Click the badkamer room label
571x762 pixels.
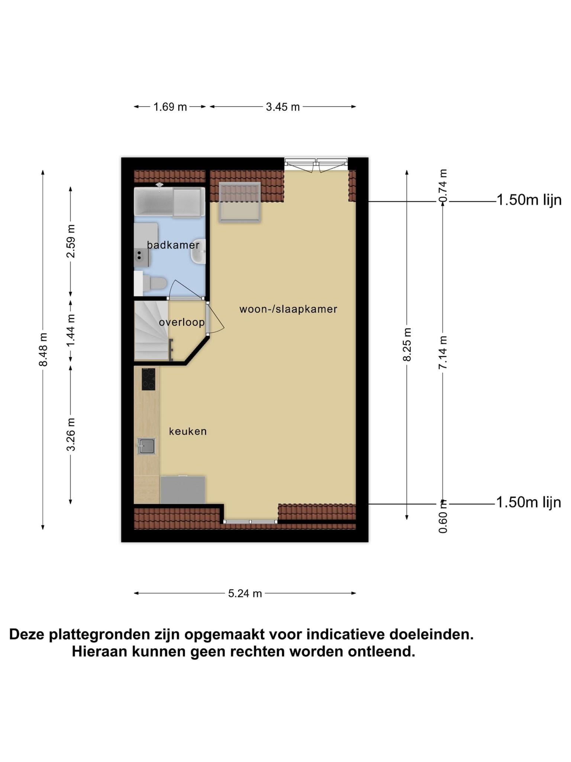pyautogui.click(x=173, y=245)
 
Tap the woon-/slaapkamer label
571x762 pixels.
pyautogui.click(x=288, y=309)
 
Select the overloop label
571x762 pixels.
pyautogui.click(x=182, y=322)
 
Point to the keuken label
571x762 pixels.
pyautogui.click(x=188, y=431)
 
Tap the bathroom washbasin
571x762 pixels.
pyautogui.click(x=198, y=251)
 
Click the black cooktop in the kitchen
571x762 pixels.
pyautogui.click(x=148, y=379)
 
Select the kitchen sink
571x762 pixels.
pyautogui.click(x=146, y=446)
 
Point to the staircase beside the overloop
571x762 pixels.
pyautogui.click(x=151, y=330)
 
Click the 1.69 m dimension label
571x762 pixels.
pyautogui.click(x=170, y=107)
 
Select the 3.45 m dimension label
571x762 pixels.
pyautogui.click(x=283, y=107)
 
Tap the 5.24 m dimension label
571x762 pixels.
pyautogui.click(x=245, y=593)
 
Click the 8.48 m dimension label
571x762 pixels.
pyautogui.click(x=43, y=349)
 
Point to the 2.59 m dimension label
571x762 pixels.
pyautogui.click(x=71, y=241)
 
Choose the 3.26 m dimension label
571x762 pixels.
pyautogui.click(x=71, y=435)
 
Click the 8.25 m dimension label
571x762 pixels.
pyautogui.click(x=407, y=345)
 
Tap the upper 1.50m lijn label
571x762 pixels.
pyautogui.click(x=529, y=200)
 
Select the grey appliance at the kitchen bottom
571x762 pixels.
pyautogui.click(x=183, y=490)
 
